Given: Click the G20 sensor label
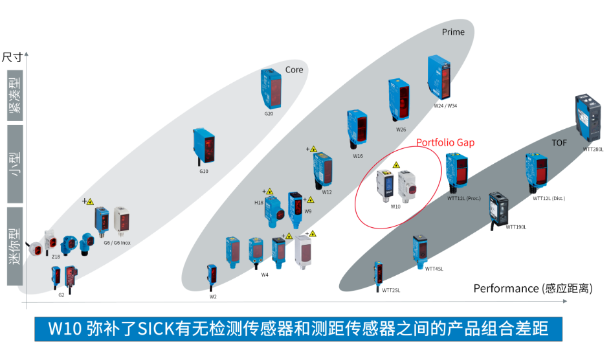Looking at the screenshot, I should tap(269, 114).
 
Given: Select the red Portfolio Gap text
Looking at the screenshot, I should tap(445, 142).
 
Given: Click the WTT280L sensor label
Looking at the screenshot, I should tap(593, 150).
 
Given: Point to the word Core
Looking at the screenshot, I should tap(294, 70).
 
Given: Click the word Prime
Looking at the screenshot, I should tap(453, 32).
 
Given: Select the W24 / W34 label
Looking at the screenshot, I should tap(445, 106).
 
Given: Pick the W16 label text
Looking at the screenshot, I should tap(358, 156).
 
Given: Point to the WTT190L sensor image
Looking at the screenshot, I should tap(499, 208).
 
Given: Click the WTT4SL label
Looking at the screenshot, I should tap(434, 269).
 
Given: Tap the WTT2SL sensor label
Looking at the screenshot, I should tap(390, 291).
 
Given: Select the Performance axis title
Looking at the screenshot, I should tap(532, 288).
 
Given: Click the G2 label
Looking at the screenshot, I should tap(61, 295).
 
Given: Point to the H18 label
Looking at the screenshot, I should tap(259, 203).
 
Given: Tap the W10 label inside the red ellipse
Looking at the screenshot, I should tap(395, 207).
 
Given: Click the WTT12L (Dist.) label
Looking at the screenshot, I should tap(549, 199).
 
